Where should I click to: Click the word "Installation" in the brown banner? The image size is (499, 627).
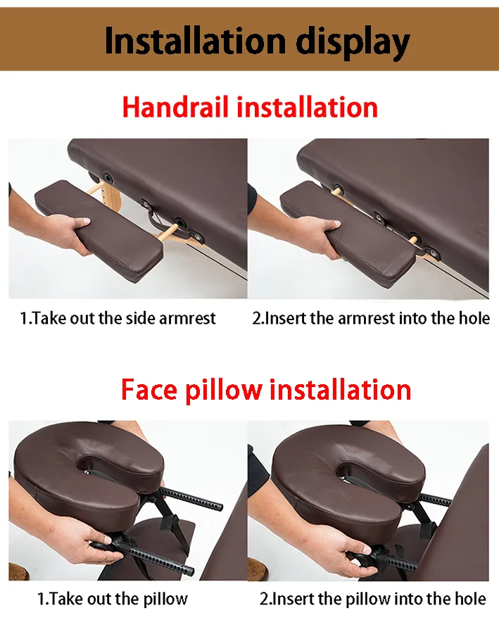coord(195,41)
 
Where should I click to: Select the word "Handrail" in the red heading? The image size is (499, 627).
coord(175,107)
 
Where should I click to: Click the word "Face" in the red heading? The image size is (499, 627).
coord(149,389)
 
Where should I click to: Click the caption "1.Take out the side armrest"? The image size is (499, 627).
coord(118,318)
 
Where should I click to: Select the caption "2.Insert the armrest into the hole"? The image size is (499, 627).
coord(371,318)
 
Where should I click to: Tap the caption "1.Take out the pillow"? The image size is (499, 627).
coord(113,599)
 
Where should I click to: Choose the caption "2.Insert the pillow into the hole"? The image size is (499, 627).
coord(372,599)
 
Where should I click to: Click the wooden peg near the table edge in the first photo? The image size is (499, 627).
coord(167,232)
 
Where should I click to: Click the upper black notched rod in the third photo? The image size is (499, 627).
coord(191,498)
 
